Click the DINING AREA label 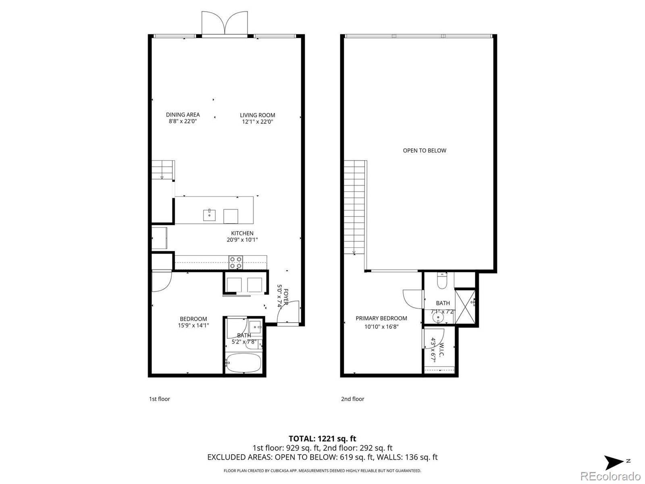(x=183, y=115)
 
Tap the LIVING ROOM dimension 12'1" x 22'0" (x=257, y=121)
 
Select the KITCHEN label (x=242, y=233)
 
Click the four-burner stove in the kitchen (x=236, y=263)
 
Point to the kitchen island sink (x=209, y=215)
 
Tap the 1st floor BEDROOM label (x=193, y=319)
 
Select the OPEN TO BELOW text (x=424, y=150)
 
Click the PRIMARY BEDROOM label (x=381, y=318)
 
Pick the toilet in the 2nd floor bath (x=442, y=281)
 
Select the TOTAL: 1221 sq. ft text (x=322, y=438)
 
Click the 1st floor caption (x=160, y=399)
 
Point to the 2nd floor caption (x=352, y=399)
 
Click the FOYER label (x=286, y=297)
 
